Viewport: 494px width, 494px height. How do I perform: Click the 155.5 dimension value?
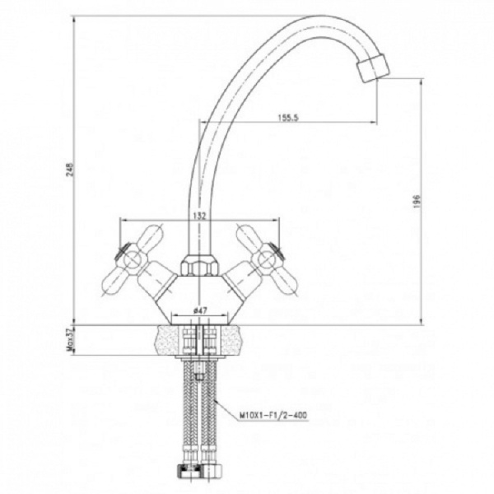point(288,118)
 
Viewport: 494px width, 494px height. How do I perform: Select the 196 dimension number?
point(417,202)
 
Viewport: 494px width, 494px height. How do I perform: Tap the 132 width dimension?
point(199,216)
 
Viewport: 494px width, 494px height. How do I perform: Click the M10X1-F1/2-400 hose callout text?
point(273,415)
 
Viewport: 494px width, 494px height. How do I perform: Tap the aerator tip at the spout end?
point(373,68)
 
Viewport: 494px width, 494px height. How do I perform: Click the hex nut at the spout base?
point(200,265)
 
